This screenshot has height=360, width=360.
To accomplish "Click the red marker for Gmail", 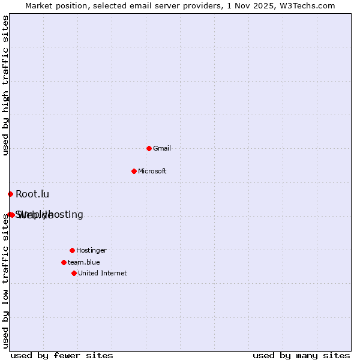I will click(x=149, y=148).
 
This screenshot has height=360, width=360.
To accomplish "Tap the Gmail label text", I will click(x=162, y=148).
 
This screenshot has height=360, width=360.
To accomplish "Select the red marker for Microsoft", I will click(x=134, y=171).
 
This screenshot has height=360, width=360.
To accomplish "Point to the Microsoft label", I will click(x=152, y=171).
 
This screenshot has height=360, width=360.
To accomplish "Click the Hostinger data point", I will click(x=72, y=250).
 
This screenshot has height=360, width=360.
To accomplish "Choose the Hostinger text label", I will click(x=91, y=250).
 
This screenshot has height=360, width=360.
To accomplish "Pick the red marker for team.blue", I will click(x=64, y=262).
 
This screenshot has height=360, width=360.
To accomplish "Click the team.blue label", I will click(x=84, y=262).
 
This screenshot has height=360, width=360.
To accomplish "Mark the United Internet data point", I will click(x=74, y=273).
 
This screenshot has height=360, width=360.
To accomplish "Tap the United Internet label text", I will click(x=103, y=273).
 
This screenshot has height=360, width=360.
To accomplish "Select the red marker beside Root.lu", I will click(x=10, y=194).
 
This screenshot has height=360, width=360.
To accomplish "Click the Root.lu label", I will click(x=32, y=194).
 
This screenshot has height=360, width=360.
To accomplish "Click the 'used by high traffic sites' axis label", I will click(x=6, y=85).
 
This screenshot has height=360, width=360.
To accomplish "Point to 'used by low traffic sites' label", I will click(x=6, y=282).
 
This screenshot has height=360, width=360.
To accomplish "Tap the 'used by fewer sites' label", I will click(x=62, y=355).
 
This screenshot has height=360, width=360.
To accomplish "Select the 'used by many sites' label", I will click(x=301, y=355).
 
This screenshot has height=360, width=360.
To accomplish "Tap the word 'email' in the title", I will click(x=134, y=5).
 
